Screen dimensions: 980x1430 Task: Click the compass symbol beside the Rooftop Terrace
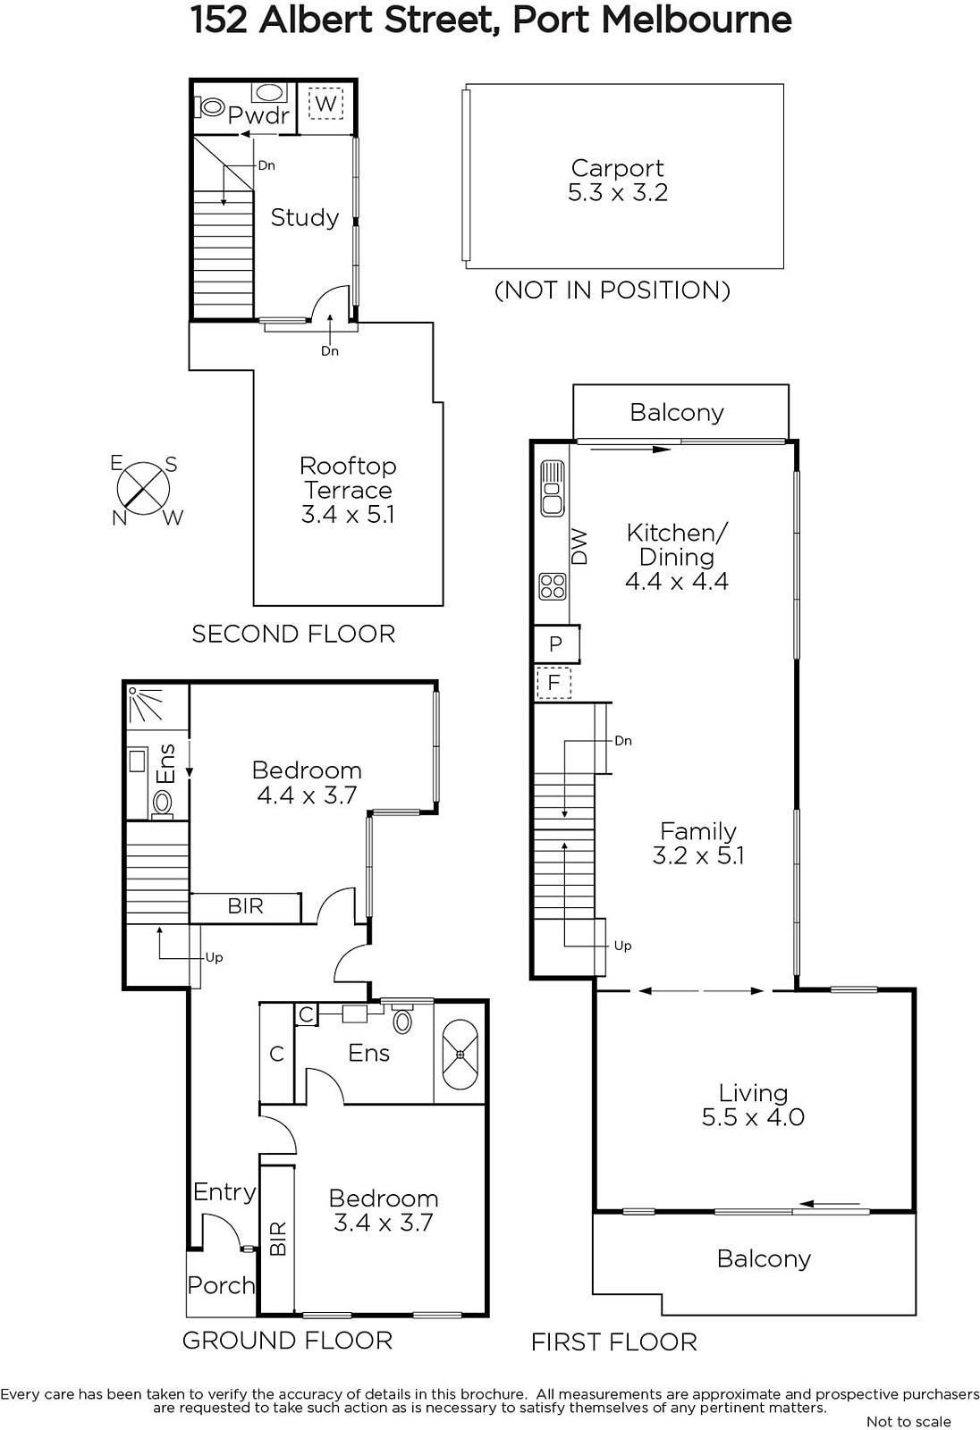coord(144,489)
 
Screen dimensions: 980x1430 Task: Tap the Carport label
coord(617,168)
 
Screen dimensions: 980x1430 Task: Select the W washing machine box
coord(325,104)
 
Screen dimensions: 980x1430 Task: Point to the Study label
coord(305,218)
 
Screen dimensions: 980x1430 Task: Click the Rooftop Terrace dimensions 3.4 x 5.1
coord(348,515)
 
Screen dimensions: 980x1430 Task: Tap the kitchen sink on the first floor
coord(553,489)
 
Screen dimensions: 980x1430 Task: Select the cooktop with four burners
coord(553,586)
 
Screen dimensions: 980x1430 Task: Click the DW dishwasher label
coord(579,546)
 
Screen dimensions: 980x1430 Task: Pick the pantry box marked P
coord(556,643)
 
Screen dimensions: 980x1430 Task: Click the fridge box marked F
coord(553,683)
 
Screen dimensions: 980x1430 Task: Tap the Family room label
coord(697,831)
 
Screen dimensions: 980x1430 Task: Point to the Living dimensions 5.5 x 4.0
coord(753,1117)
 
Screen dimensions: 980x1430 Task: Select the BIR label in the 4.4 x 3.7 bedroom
coord(245,906)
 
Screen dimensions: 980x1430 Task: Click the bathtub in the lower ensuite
coord(460,1053)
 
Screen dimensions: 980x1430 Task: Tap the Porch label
coord(221,1286)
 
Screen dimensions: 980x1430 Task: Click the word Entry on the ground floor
coord(224,1192)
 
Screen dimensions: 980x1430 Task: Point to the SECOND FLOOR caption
coord(293,634)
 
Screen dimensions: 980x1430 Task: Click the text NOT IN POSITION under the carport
coord(612,290)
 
